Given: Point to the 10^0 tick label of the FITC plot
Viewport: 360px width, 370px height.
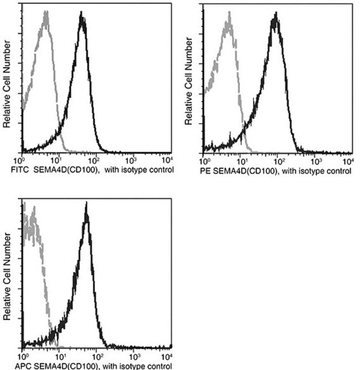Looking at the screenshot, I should click(23, 160).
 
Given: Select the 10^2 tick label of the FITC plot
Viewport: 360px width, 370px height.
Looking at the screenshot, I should click(97, 160).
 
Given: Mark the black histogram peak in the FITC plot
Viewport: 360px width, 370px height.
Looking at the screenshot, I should click(82, 18).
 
